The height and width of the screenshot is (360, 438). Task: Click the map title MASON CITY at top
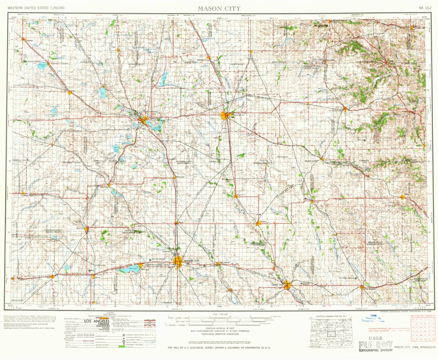[x=219, y=8]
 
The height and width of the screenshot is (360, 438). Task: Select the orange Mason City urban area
[x=178, y=262]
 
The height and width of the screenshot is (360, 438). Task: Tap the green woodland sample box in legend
[x=122, y=346]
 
